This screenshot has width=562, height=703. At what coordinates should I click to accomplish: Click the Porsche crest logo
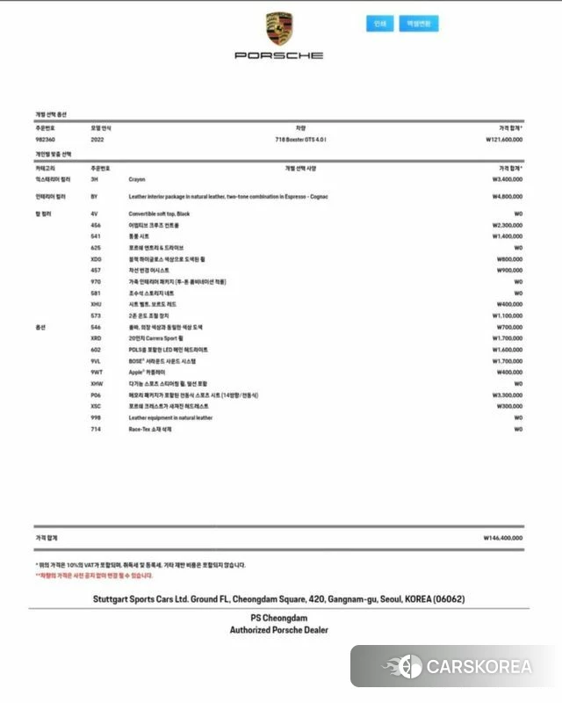point(278,30)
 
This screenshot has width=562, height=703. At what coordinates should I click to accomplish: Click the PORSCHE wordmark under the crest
point(278,55)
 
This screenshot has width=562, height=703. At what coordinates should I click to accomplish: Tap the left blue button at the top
point(379,24)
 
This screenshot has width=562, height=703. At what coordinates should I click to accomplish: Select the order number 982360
point(46,139)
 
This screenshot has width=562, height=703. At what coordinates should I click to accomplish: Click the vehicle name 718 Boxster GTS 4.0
point(300,139)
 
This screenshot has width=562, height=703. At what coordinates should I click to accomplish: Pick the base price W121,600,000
point(504,139)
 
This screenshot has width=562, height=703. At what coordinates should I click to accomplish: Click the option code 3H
point(94,178)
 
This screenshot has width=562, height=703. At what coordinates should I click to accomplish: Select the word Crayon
point(137,178)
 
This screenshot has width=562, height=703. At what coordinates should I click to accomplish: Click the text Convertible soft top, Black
point(160,214)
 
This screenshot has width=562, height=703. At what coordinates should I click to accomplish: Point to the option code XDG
point(96,259)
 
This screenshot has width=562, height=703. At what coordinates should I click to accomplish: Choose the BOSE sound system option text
point(162,361)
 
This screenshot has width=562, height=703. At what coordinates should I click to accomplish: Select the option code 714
point(95,430)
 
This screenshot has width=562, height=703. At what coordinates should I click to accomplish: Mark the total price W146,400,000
point(502,538)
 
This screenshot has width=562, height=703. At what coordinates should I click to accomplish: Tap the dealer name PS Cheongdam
point(278,619)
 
